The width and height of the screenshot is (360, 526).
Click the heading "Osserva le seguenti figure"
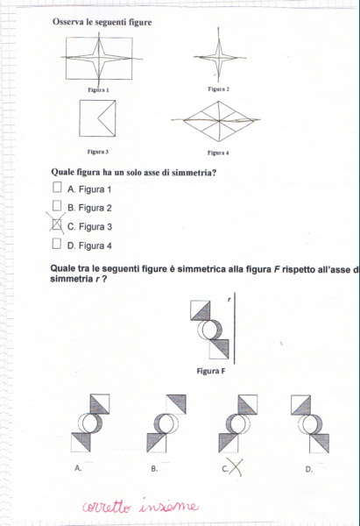point(102,22)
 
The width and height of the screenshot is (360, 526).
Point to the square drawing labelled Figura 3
point(98,118)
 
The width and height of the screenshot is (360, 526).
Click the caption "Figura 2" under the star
point(219,89)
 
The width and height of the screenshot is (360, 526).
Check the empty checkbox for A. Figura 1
point(57,188)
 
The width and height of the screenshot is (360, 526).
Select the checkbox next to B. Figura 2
point(57,206)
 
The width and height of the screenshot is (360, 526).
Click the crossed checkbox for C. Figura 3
point(57,225)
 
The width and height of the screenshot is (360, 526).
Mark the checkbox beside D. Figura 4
point(57,245)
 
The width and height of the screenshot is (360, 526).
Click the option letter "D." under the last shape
point(308,469)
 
